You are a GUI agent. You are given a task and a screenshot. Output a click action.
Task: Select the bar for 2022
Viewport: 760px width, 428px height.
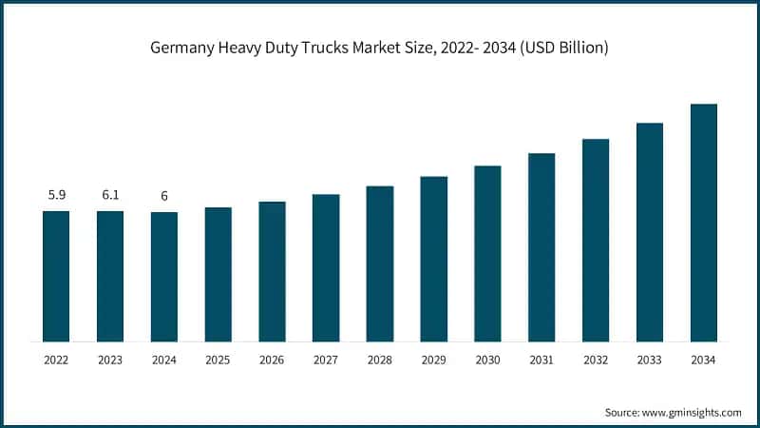[x=56, y=276]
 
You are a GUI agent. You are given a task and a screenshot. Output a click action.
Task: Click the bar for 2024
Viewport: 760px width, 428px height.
[x=164, y=277]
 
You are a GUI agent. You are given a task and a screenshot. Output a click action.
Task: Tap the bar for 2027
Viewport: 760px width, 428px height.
[x=326, y=267]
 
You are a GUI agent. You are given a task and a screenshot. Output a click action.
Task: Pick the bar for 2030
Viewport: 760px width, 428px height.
[x=487, y=253]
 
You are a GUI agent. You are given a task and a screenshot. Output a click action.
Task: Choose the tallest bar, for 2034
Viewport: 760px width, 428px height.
[x=703, y=223]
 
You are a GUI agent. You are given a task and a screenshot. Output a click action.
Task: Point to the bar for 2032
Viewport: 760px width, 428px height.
[x=596, y=240]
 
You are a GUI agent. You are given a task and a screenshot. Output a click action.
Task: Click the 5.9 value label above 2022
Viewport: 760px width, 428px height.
[x=56, y=195]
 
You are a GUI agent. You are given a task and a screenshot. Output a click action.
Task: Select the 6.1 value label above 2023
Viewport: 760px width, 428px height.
[x=110, y=195]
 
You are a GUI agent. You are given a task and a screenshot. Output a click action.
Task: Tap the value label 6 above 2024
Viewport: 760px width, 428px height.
[x=164, y=196]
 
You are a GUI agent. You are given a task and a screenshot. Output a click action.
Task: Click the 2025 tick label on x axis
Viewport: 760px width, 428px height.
[x=218, y=360]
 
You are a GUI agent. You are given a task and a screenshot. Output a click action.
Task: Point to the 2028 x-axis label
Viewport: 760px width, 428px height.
[x=380, y=360]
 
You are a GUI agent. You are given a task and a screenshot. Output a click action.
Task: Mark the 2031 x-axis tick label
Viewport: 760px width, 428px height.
[x=541, y=360]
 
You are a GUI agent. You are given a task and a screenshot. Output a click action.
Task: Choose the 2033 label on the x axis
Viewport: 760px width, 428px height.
[x=649, y=360]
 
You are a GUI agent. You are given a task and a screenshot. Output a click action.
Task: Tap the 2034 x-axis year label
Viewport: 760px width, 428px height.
[x=703, y=360]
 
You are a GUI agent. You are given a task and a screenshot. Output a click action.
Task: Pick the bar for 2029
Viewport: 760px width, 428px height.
[x=433, y=259]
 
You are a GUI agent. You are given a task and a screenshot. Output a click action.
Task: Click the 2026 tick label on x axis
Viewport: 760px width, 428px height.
[x=272, y=360]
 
